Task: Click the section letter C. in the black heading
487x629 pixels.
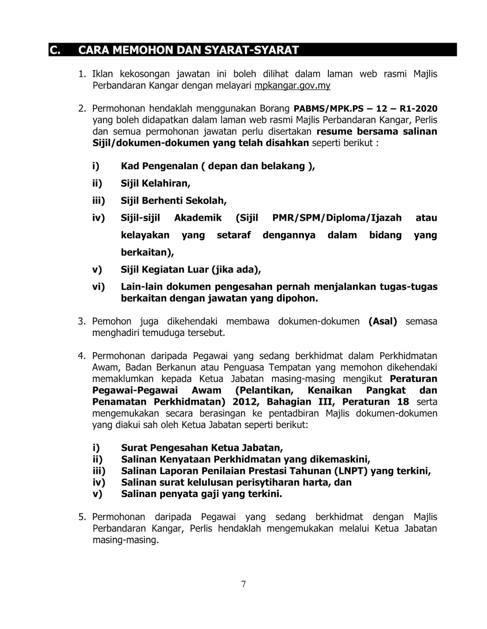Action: coord(56,50)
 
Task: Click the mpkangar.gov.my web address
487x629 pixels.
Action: coord(292,85)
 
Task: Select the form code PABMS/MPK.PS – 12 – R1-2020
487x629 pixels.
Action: coord(365,109)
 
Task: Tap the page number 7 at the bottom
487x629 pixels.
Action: coord(243,584)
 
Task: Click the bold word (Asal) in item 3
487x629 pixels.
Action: coord(383,321)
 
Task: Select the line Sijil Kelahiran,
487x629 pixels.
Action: coord(156,183)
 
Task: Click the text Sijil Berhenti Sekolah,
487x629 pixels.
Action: coord(174,200)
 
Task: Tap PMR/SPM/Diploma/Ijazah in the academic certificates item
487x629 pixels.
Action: coord(337,218)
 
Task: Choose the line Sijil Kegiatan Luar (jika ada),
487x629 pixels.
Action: coord(191,270)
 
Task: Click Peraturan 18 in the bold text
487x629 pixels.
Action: coord(376,402)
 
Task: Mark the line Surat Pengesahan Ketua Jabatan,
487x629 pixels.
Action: coord(202,448)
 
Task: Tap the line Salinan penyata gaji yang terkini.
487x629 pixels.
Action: coord(202,494)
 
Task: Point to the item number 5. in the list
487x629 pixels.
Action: coord(82,517)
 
